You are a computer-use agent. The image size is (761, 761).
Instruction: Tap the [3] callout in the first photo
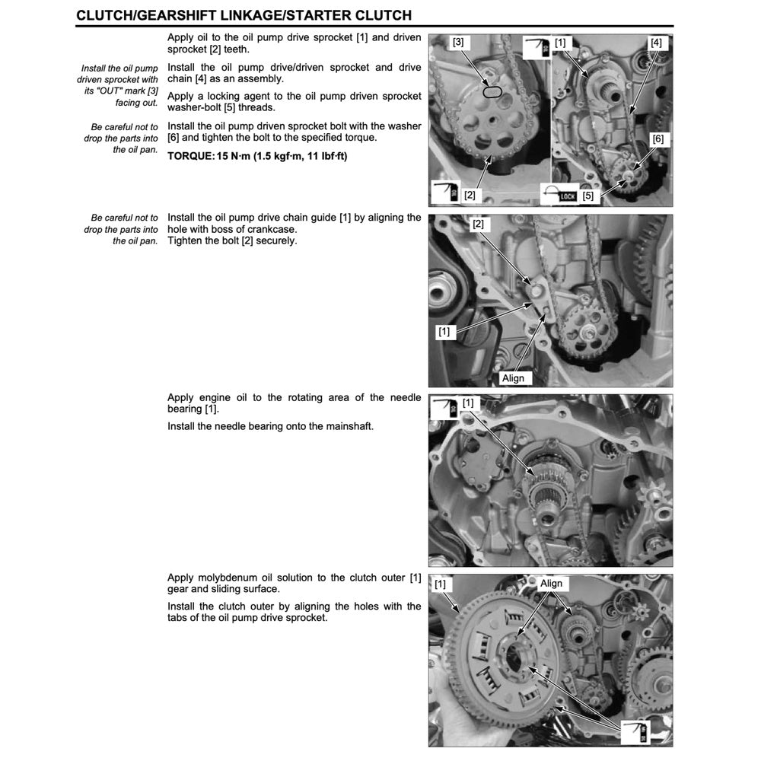[457, 43]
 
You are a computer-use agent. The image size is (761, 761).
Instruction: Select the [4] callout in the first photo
[656, 43]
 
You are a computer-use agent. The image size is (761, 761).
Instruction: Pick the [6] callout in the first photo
[658, 139]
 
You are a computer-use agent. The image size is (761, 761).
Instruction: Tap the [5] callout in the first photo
[587, 196]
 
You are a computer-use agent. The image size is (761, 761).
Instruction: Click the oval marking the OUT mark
[492, 93]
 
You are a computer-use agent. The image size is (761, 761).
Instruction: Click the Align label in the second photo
[513, 377]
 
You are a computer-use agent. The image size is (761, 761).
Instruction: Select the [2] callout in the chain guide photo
[478, 224]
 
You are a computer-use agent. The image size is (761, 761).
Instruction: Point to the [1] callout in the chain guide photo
[444, 331]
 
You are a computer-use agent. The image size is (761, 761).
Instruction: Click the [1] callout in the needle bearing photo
[468, 403]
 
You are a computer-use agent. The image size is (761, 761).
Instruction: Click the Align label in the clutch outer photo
[551, 584]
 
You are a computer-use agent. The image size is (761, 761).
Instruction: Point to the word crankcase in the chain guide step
[272, 229]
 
